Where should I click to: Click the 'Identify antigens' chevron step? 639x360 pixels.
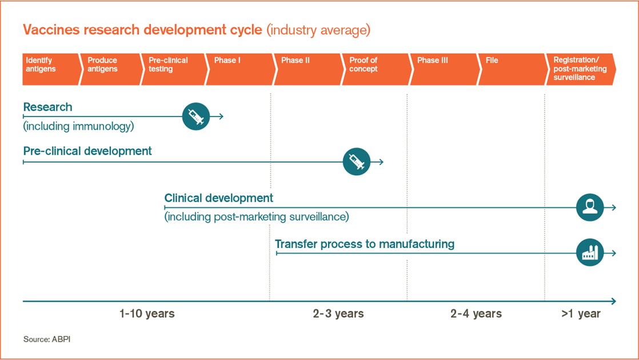point(50,69)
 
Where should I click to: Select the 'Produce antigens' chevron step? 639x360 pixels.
point(111,69)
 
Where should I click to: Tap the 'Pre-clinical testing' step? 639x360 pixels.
point(174,69)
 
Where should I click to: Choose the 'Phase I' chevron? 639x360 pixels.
point(241,69)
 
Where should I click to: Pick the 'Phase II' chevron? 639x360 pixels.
point(309,69)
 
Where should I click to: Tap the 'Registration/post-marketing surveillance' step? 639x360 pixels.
point(581,69)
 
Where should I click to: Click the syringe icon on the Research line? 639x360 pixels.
point(196,117)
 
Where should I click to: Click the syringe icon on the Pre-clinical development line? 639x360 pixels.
point(357,162)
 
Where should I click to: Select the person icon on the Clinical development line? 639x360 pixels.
point(590,207)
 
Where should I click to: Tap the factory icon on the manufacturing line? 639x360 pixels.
point(590,253)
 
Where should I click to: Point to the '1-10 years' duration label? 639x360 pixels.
point(147,314)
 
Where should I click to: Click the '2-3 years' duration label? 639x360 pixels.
point(338,314)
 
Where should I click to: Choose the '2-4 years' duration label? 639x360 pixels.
point(476,314)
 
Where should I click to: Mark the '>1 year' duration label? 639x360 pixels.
point(581,314)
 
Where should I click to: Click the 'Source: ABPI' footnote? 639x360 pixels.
point(47,339)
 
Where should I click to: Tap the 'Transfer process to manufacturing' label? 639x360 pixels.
point(365,244)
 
